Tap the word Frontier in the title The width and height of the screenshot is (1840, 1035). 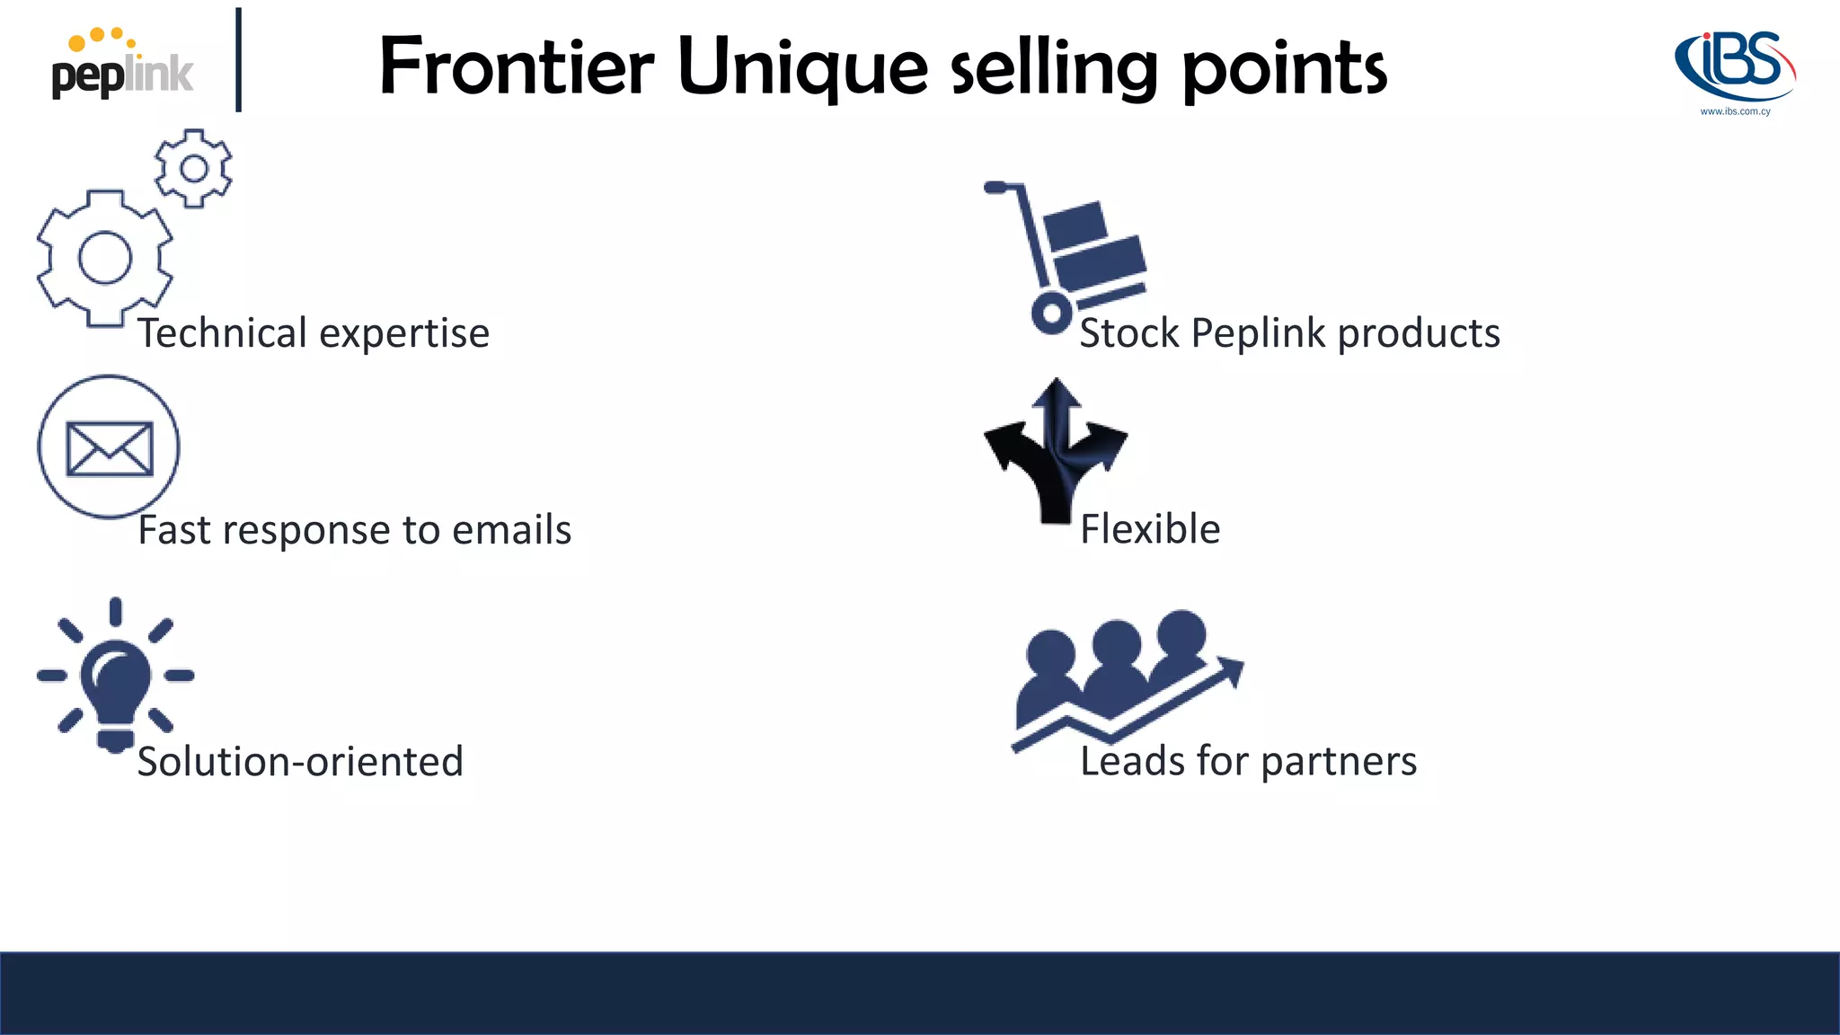[x=516, y=66]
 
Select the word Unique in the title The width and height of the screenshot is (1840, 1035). [x=802, y=68]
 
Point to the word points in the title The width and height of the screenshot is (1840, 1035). [x=1285, y=70]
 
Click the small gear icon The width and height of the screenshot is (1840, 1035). [x=193, y=168]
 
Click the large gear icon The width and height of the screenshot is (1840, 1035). [x=104, y=258]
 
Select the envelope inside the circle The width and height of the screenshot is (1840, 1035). [x=110, y=448]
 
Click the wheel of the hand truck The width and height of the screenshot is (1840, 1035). [x=1050, y=314]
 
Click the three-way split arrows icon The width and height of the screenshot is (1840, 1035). [x=1056, y=449]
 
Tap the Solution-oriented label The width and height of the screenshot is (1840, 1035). [x=300, y=762]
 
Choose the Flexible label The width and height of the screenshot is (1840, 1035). [x=1150, y=529]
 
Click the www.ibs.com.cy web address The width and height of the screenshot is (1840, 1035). [x=1735, y=111]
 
